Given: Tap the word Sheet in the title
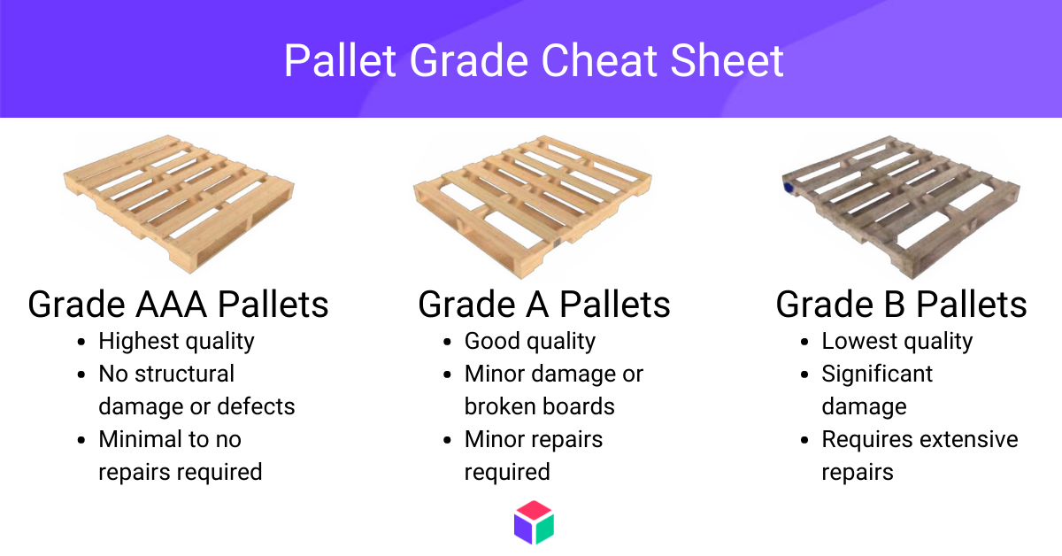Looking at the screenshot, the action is [727, 61].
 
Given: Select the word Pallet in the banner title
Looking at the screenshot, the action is [340, 61].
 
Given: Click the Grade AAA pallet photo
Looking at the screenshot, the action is [179, 204].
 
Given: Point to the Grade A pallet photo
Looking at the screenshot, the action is [533, 207].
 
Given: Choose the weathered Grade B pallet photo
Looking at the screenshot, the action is [901, 207].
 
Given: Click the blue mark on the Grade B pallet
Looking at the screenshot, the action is [789, 188].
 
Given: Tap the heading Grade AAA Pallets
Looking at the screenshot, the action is [178, 305].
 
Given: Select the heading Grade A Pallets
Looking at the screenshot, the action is [543, 305].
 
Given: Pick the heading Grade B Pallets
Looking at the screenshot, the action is [901, 305].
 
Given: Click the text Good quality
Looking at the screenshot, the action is [529, 342].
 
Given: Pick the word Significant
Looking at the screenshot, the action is [877, 375].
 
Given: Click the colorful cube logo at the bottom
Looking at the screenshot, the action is [534, 522].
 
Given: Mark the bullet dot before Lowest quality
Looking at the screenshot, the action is [804, 342].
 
